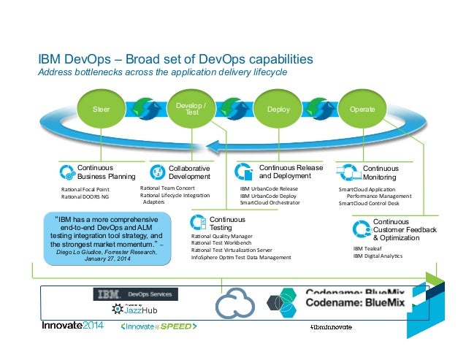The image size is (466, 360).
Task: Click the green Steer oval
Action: (x=102, y=109)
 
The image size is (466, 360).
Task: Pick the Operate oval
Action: (x=362, y=109)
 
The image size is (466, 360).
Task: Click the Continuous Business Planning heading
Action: (x=106, y=172)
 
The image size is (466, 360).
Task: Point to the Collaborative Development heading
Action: (x=188, y=172)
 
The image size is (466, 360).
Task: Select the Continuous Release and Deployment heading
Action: (x=291, y=172)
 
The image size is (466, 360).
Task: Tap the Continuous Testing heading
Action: (x=226, y=223)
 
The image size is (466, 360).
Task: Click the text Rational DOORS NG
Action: (x=86, y=196)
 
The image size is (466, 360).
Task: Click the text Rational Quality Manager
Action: (x=221, y=237)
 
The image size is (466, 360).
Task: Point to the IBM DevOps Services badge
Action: (x=134, y=294)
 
